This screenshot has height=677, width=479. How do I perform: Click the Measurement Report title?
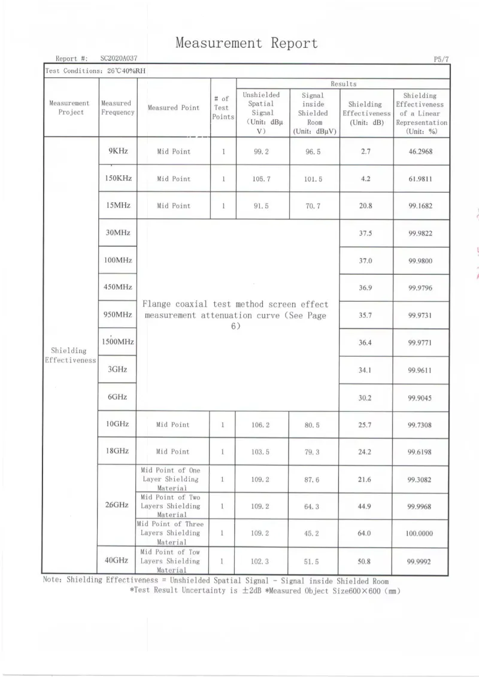click(246, 43)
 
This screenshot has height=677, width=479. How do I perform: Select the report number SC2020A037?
click(119, 59)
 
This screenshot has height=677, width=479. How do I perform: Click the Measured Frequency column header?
click(117, 108)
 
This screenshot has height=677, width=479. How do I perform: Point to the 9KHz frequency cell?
click(117, 151)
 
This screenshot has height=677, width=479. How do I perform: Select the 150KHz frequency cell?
click(118, 178)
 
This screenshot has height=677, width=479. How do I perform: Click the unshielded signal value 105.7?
click(262, 179)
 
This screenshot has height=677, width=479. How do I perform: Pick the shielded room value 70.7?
click(313, 206)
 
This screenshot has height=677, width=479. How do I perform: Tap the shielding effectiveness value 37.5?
click(365, 233)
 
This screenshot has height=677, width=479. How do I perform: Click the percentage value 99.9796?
click(420, 288)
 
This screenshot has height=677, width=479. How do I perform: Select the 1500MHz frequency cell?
click(117, 342)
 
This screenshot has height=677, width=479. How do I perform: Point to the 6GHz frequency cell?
click(117, 397)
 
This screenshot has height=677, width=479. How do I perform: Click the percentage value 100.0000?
click(419, 533)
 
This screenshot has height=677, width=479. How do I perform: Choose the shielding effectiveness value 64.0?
click(365, 533)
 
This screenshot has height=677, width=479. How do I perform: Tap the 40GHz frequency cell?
click(117, 560)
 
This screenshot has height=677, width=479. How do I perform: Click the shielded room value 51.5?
click(313, 561)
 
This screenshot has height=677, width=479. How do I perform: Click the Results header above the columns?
click(343, 84)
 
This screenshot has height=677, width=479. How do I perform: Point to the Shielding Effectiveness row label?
click(71, 356)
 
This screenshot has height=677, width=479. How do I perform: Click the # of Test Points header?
click(223, 108)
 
